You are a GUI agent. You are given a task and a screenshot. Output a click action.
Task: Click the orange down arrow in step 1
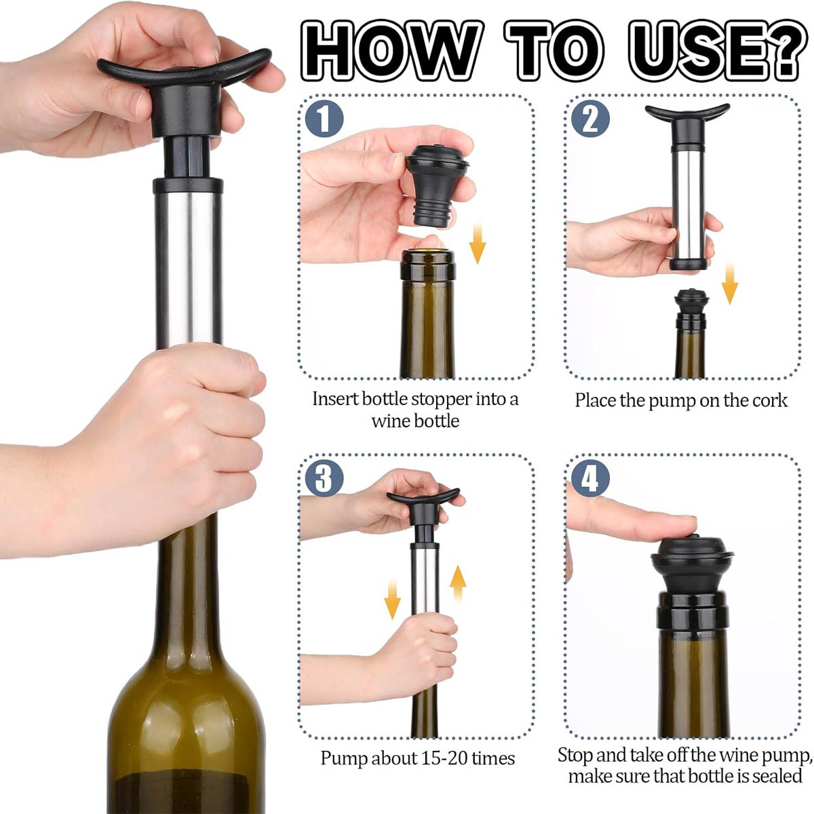[x=477, y=244]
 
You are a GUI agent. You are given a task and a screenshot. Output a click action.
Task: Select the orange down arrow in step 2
[x=729, y=283]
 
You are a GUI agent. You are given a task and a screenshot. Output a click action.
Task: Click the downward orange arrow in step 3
[x=393, y=600]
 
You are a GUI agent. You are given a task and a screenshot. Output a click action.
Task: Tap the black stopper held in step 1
[x=437, y=185]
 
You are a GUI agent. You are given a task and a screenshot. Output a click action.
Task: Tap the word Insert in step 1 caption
[x=335, y=398]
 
